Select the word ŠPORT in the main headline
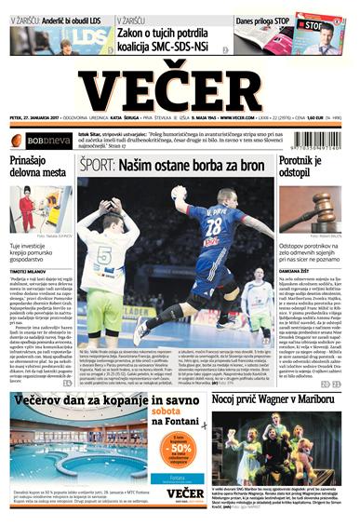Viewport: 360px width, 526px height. (99, 166)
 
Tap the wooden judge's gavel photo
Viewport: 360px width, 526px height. (313, 208)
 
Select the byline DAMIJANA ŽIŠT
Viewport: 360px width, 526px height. (300, 269)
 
